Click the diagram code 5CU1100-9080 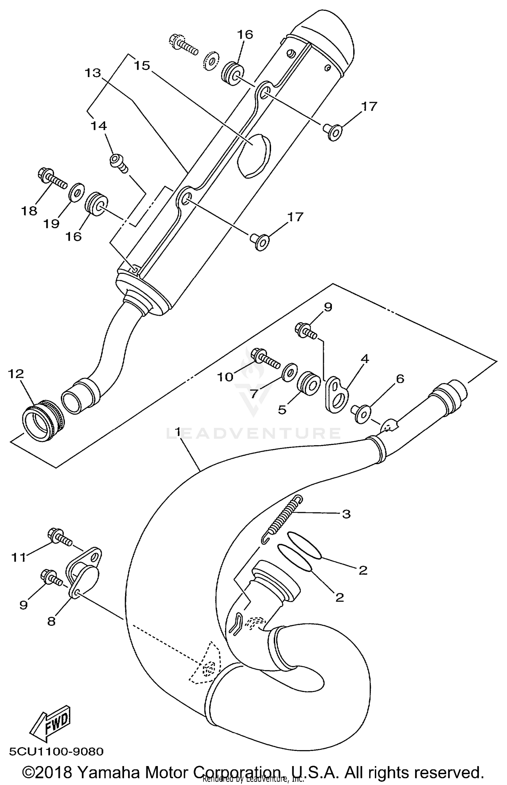click(x=56, y=752)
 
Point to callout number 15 click(x=142, y=65)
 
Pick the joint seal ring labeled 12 click(x=43, y=418)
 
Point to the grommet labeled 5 click(x=308, y=382)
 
